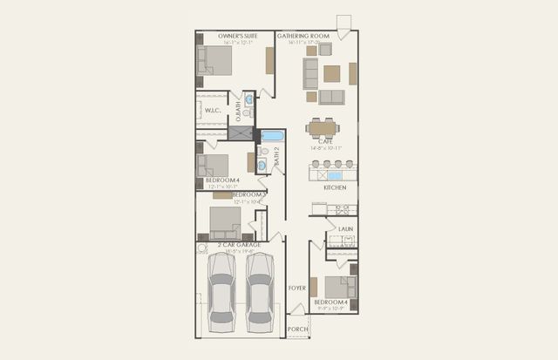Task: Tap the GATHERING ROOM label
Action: (304, 36)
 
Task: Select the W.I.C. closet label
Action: (211, 111)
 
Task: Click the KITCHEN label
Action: (335, 187)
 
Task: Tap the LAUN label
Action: (345, 229)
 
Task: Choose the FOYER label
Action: (297, 287)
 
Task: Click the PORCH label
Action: (297, 329)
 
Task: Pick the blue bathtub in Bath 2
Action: (273, 135)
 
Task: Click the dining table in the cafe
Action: (323, 128)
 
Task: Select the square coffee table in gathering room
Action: (331, 74)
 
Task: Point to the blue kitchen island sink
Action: (334, 175)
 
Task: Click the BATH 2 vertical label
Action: (277, 157)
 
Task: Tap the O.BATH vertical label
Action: (238, 111)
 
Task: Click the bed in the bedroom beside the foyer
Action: (339, 287)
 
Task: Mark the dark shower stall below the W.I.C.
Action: (240, 133)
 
